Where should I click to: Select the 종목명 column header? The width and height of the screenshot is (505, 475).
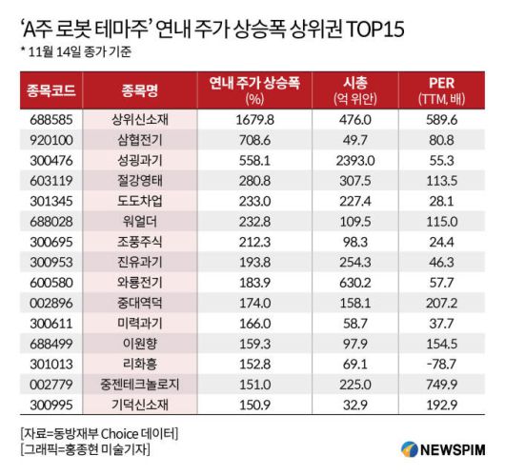[x=142, y=90]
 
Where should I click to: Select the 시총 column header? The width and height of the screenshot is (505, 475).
[x=354, y=90]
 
